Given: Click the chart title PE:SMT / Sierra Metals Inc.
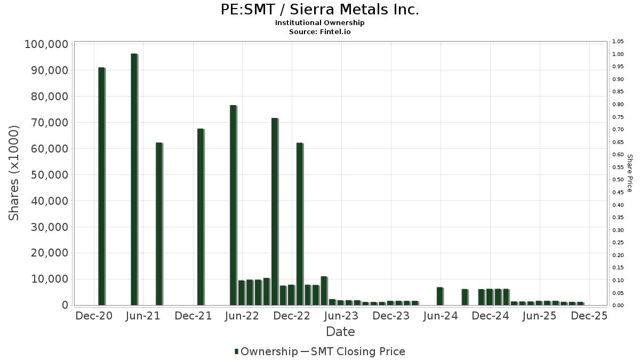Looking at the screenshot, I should pos(319,10).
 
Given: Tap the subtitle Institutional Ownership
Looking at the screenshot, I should pos(319,23).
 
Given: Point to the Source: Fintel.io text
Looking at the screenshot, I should pos(319,31).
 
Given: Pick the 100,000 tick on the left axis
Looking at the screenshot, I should pos(46,44).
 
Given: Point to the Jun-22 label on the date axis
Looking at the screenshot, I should pos(243,316).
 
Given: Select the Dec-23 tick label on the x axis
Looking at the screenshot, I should pos(391,316).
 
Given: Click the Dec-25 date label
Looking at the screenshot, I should pos(589,316).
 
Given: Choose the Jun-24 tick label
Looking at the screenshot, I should pos(441,316).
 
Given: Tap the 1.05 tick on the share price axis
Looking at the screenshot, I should pos(618,42).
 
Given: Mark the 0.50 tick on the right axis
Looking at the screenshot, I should pos(618,180).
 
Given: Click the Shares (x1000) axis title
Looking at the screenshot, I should pos(14,173).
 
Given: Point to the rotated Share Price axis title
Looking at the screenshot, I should pos(629,173).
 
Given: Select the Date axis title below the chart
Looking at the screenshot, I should pos(340,332).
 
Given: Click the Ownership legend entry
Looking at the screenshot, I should pos(266,351).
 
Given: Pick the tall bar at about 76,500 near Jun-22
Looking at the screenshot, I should pos(233,205).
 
